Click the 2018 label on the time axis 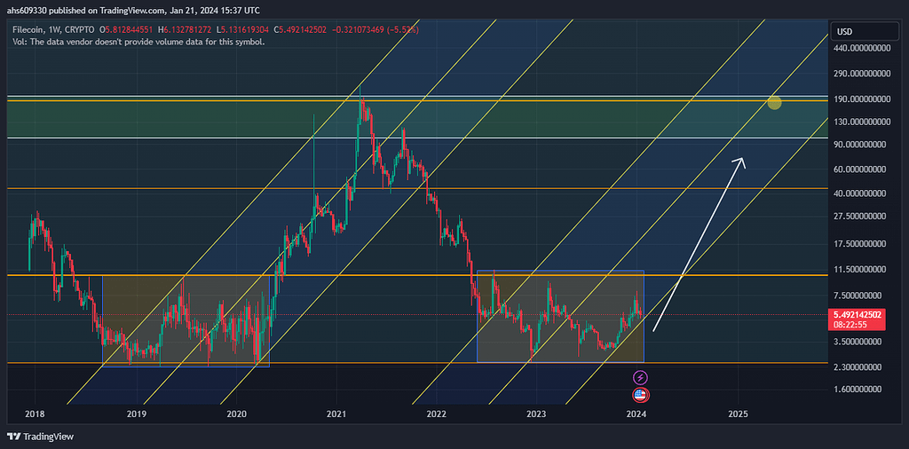click(x=36, y=414)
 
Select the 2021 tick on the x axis click(x=336, y=414)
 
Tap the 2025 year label click(x=738, y=414)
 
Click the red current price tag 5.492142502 click(x=859, y=315)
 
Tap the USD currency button click(x=845, y=32)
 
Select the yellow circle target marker click(x=774, y=103)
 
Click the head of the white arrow click(x=741, y=161)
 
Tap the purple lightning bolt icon click(x=640, y=378)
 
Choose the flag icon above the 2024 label click(x=640, y=395)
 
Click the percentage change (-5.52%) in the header click(x=403, y=29)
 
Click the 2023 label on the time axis click(x=536, y=414)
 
